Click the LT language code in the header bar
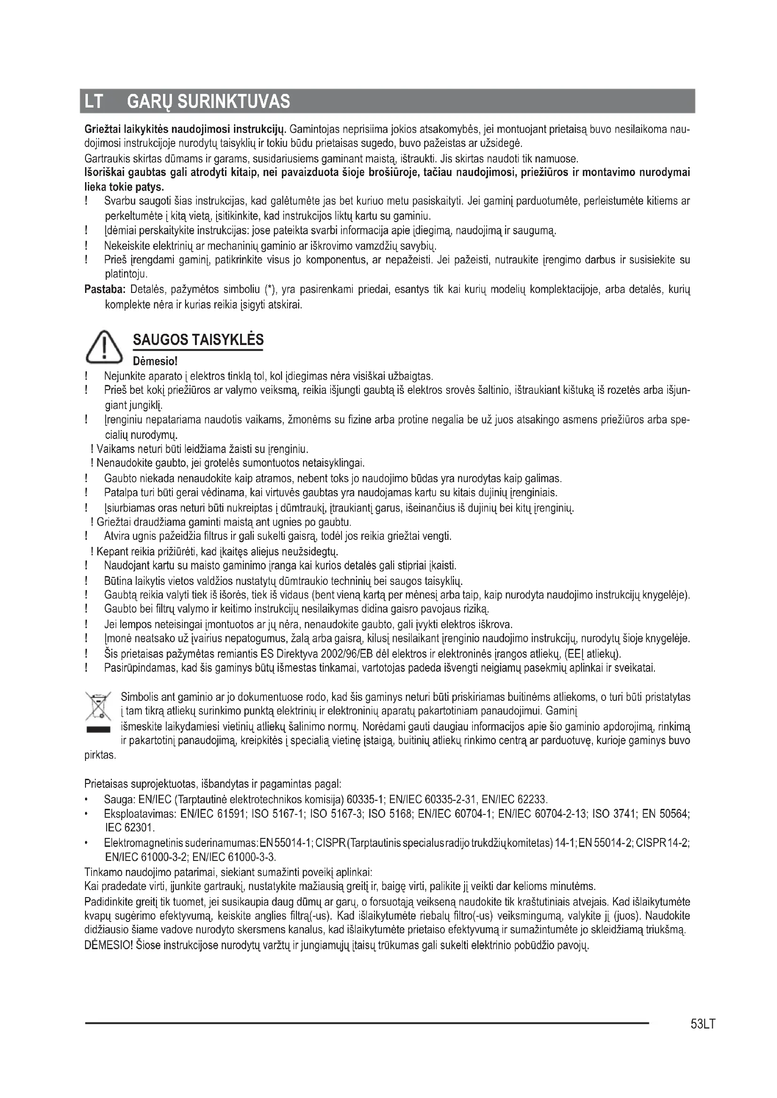93,101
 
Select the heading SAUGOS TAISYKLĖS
198,339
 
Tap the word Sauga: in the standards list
119,799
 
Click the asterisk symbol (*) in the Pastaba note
269,289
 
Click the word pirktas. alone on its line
100,755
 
